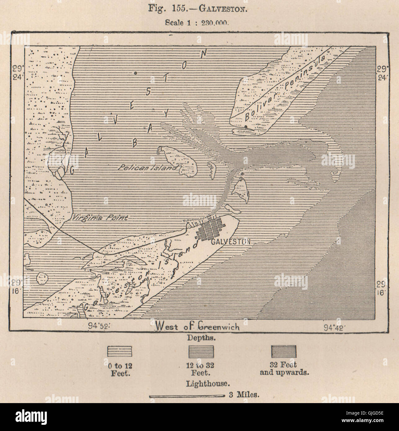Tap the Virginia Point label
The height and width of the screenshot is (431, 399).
[99, 218]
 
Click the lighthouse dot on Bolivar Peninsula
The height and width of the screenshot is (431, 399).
[246, 127]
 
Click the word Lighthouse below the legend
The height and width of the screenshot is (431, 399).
[208, 384]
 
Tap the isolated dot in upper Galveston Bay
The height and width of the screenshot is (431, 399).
[136, 73]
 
